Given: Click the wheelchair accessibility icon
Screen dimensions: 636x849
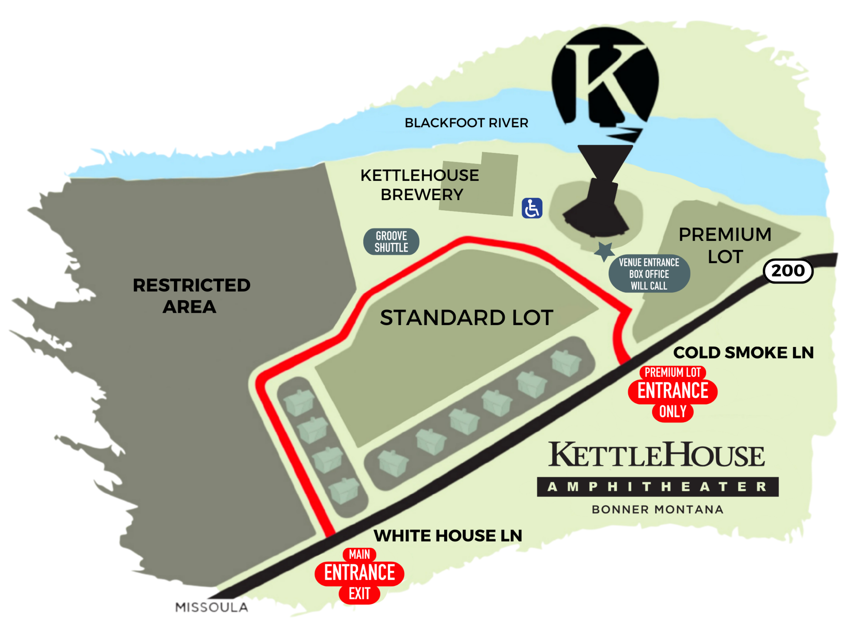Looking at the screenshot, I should click(x=532, y=208).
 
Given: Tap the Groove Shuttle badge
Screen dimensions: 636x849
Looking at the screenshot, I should click(x=391, y=242).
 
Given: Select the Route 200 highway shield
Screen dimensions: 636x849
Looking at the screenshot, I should click(x=788, y=271).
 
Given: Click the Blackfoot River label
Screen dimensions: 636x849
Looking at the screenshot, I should click(x=466, y=123).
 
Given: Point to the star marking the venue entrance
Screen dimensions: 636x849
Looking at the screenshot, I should click(x=604, y=251).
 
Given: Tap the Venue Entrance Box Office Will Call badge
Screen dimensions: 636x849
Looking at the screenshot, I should click(x=649, y=274).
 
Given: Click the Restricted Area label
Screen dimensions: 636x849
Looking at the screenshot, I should click(x=191, y=296).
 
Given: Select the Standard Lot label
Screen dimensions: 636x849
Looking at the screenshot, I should click(x=466, y=318).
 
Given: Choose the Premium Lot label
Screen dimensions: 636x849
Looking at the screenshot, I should click(x=725, y=245).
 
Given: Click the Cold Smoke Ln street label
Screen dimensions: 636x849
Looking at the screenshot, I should click(x=743, y=353).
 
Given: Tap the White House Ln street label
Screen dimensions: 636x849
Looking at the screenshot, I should click(x=448, y=536).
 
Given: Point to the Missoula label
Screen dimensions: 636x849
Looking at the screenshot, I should click(x=212, y=607).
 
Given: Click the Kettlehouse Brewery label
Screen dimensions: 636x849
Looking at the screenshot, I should click(x=420, y=185).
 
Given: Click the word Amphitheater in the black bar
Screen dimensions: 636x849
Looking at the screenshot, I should click(x=657, y=487).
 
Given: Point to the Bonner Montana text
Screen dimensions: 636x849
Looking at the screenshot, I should click(x=657, y=509).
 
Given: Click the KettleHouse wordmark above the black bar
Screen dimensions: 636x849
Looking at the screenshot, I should click(x=656, y=455).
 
